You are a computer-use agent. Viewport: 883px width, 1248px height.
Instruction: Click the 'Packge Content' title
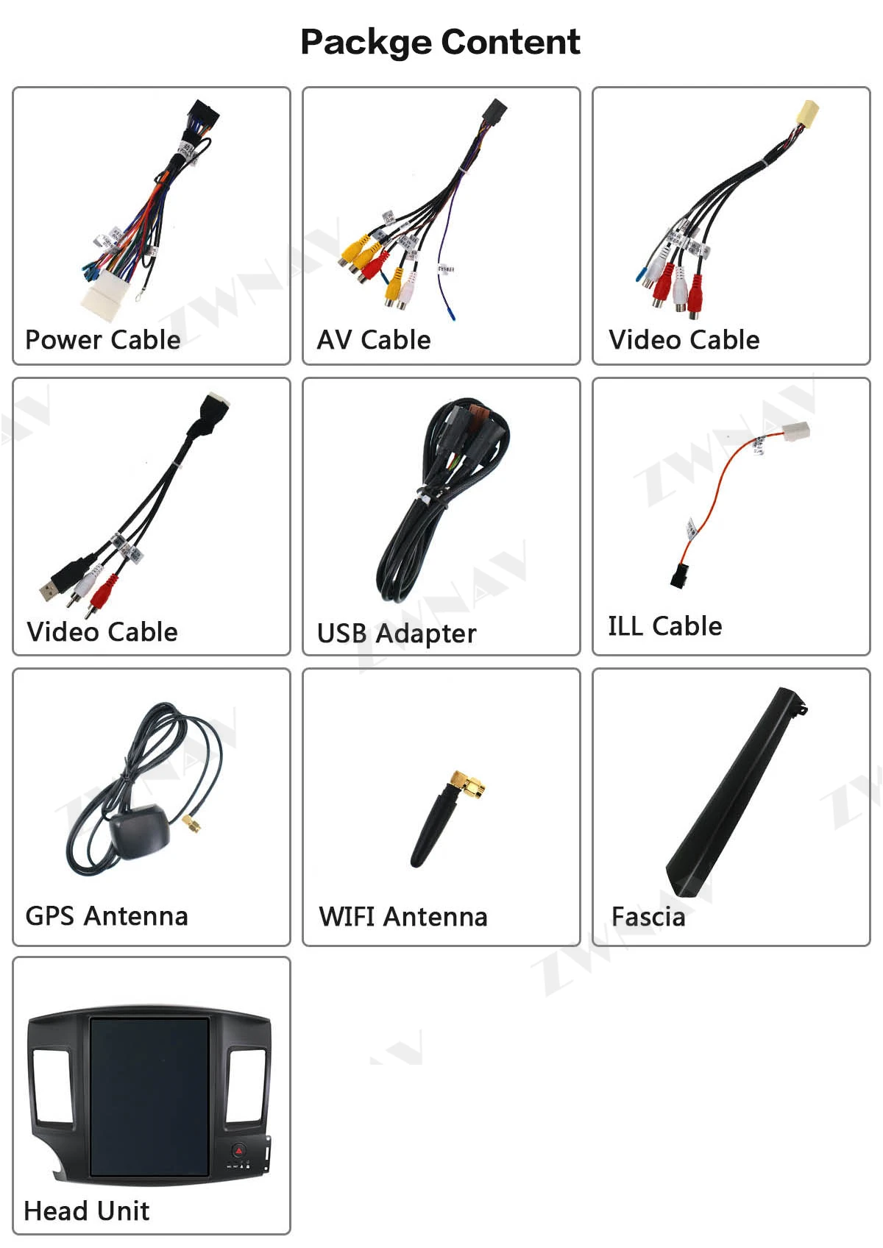click(440, 42)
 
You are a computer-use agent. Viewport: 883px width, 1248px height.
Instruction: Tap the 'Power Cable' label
click(103, 340)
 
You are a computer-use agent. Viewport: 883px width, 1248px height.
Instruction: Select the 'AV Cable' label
click(374, 340)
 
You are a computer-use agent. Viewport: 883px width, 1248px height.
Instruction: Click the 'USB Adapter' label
click(397, 634)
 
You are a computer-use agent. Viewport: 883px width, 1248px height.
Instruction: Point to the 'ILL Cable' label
click(664, 626)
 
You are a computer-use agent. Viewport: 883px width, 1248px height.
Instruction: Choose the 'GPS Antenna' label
click(107, 916)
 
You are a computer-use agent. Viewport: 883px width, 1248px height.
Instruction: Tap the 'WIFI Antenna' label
click(403, 917)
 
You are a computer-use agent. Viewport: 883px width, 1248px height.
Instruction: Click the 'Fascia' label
click(648, 917)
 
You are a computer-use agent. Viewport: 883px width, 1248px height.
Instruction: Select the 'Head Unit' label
click(87, 1210)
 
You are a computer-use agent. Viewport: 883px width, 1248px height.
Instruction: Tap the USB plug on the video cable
click(52, 588)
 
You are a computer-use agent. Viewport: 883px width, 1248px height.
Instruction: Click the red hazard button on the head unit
click(238, 1150)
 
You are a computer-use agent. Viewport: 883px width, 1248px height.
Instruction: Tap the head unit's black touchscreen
click(149, 1096)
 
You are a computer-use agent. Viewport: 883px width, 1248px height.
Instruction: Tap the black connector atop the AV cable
click(494, 111)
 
